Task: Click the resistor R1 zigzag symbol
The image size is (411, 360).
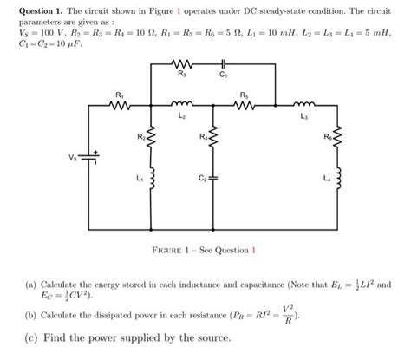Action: pos(121,105)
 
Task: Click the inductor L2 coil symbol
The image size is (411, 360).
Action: pos(181,105)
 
